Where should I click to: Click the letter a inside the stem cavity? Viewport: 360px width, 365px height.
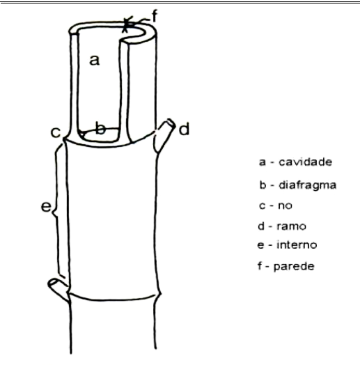point(95,60)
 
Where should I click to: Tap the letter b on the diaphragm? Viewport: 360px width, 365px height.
point(100,128)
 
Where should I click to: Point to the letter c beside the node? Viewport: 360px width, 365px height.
point(56,132)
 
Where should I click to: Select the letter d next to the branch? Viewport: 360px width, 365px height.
point(184,129)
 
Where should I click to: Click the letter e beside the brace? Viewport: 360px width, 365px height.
point(46,206)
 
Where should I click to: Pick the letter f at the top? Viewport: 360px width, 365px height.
point(155,15)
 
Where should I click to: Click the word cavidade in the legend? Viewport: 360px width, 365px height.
point(305,162)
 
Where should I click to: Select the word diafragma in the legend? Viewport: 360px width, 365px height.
point(307,185)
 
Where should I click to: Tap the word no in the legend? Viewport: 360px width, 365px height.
point(285,205)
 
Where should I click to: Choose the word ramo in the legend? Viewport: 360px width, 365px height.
point(291,226)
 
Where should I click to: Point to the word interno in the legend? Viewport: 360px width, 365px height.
point(297,244)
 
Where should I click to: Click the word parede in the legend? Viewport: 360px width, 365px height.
point(294,267)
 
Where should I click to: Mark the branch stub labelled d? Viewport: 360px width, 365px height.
point(164,135)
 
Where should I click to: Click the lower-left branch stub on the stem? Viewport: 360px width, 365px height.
point(58,289)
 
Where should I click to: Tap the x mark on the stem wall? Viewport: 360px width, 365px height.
point(127,24)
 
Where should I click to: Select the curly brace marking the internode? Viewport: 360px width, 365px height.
point(57,210)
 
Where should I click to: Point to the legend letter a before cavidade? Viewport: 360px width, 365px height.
point(263,162)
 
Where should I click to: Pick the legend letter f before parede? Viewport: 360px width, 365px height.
point(260,265)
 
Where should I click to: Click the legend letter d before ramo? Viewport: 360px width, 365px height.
point(261,226)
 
